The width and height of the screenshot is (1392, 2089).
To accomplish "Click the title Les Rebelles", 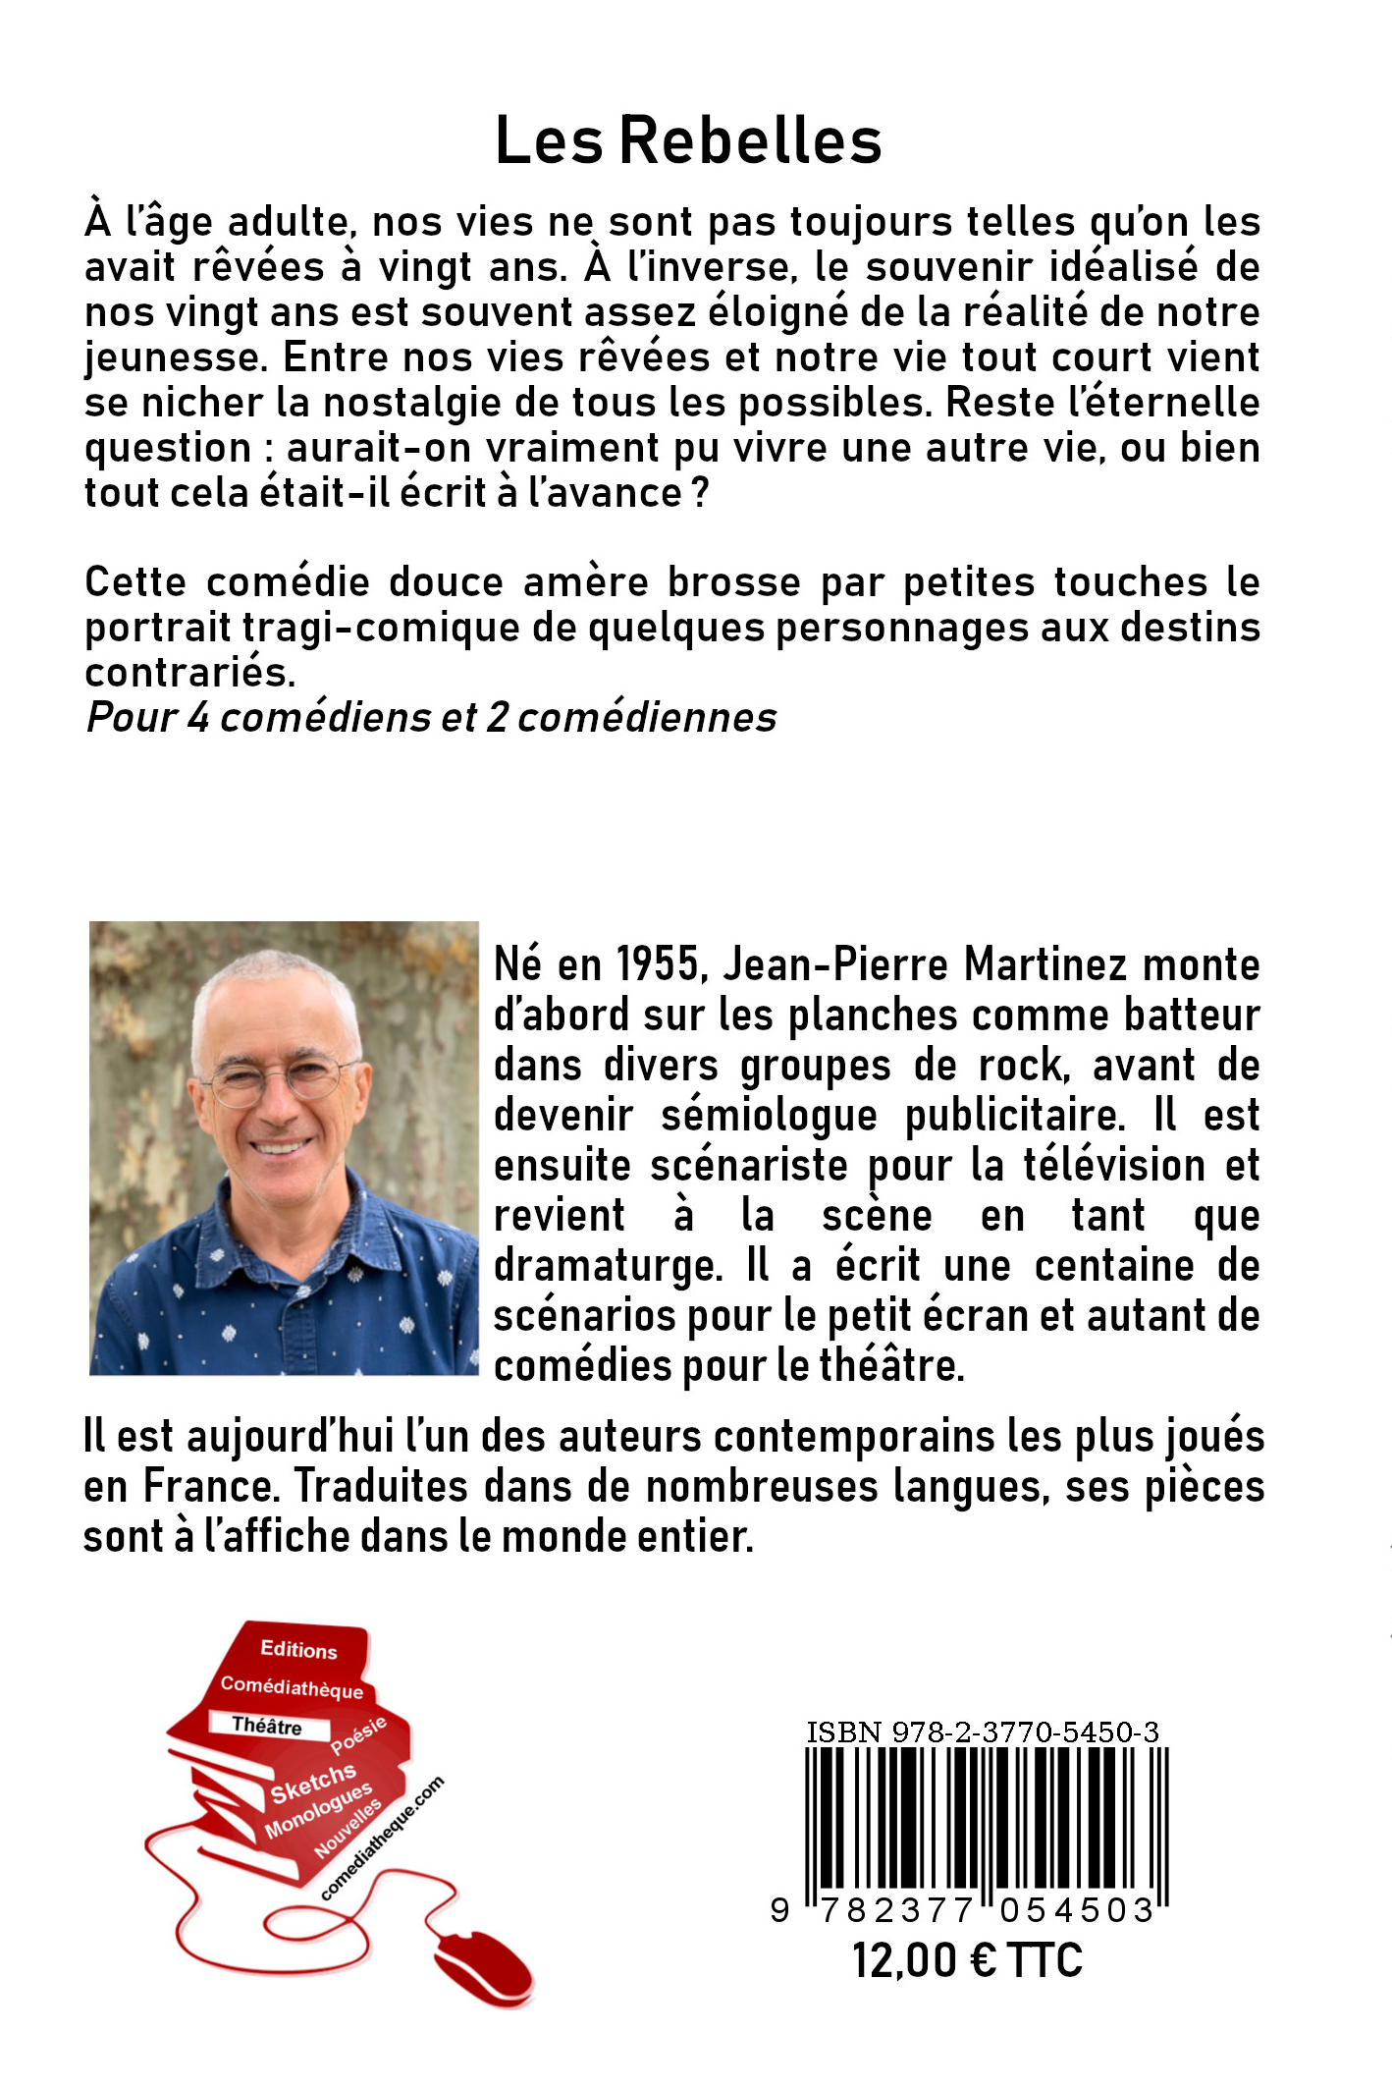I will [x=688, y=141].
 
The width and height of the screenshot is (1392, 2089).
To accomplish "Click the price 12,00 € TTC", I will [x=967, y=1960].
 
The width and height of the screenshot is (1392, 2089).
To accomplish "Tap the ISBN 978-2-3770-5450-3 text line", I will [x=983, y=1732].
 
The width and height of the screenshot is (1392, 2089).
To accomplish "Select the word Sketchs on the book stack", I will [x=313, y=1783].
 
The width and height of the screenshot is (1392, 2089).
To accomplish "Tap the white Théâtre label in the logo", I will [x=267, y=1726].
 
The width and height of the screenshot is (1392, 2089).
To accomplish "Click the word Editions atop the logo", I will [x=298, y=1650].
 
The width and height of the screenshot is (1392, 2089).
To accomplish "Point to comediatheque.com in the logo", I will [x=382, y=1838].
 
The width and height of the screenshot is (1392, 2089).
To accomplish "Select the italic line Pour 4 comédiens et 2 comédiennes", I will [x=431, y=718].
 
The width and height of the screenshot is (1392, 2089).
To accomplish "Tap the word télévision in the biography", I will [x=1113, y=1166].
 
